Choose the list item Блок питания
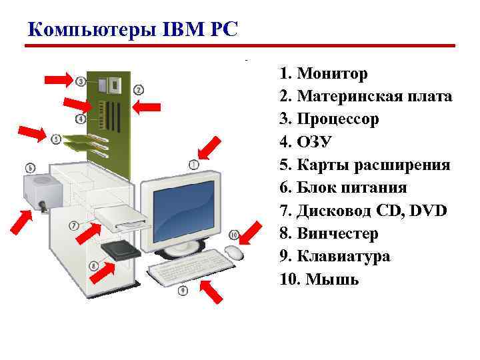(x=361, y=187)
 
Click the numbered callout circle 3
(x=81, y=81)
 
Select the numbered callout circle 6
(x=30, y=167)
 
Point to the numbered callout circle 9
(x=183, y=291)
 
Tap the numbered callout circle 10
(x=233, y=235)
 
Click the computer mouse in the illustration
(x=233, y=252)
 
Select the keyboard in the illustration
(x=191, y=267)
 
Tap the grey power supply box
(x=43, y=190)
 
